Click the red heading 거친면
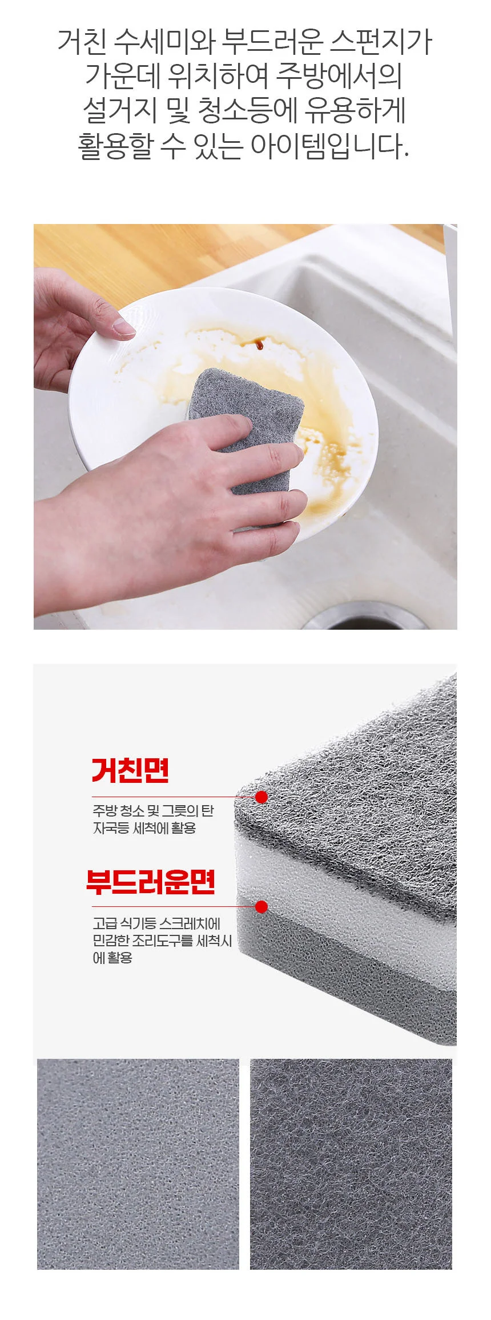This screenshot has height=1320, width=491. [x=130, y=770]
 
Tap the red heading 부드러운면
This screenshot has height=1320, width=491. [x=151, y=882]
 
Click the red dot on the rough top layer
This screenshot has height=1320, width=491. [x=261, y=797]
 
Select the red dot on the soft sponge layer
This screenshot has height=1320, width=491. [x=261, y=907]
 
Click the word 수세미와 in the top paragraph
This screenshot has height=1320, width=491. [x=164, y=41]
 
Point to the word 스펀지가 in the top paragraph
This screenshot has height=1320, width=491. [x=382, y=41]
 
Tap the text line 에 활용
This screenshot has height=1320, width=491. [x=112, y=958]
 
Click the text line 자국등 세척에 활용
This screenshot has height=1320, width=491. [x=144, y=827]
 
